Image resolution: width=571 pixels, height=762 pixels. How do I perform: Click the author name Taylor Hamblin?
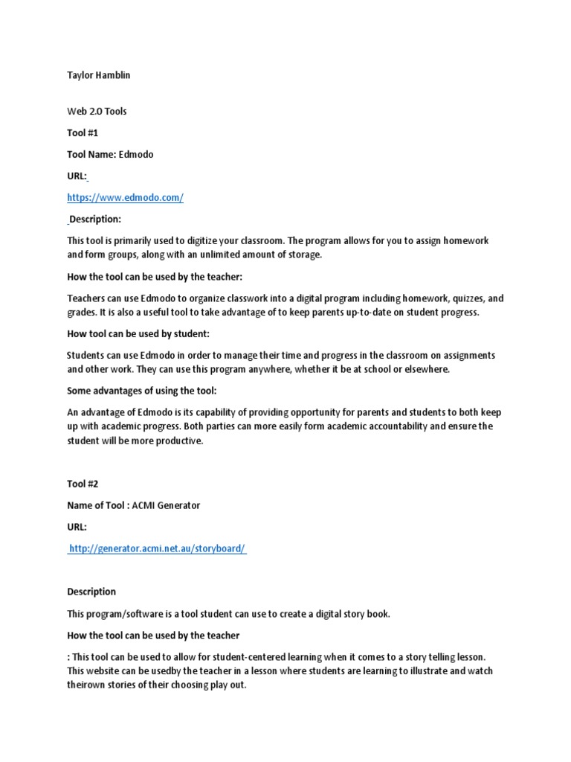(99, 75)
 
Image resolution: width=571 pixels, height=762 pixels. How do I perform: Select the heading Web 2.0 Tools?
(97, 112)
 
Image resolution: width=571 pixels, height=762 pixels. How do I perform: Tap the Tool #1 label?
(83, 133)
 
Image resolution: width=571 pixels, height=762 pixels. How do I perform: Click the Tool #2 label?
(83, 484)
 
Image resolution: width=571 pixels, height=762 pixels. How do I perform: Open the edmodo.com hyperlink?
(125, 198)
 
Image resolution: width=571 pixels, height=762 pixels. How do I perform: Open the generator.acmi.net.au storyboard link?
(157, 548)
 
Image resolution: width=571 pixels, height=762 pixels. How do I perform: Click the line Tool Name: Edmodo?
(110, 155)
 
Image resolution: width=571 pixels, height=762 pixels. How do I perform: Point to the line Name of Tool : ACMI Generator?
(134, 505)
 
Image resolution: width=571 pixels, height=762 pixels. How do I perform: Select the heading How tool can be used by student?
(133, 334)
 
